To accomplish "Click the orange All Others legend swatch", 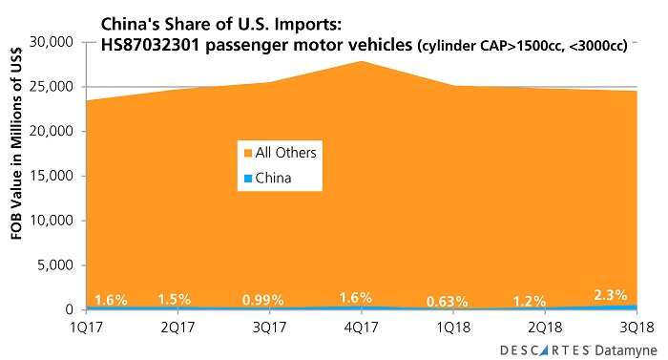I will pos(246,153).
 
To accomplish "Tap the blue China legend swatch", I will pos(246,178).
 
